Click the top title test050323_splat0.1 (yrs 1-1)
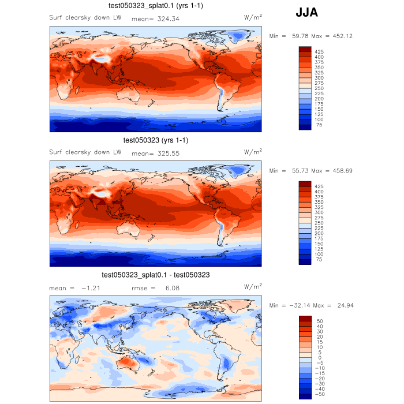click(156, 6)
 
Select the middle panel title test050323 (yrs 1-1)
click(156, 140)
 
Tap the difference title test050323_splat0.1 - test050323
click(156, 275)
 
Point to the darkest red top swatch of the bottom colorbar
click(305, 319)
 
